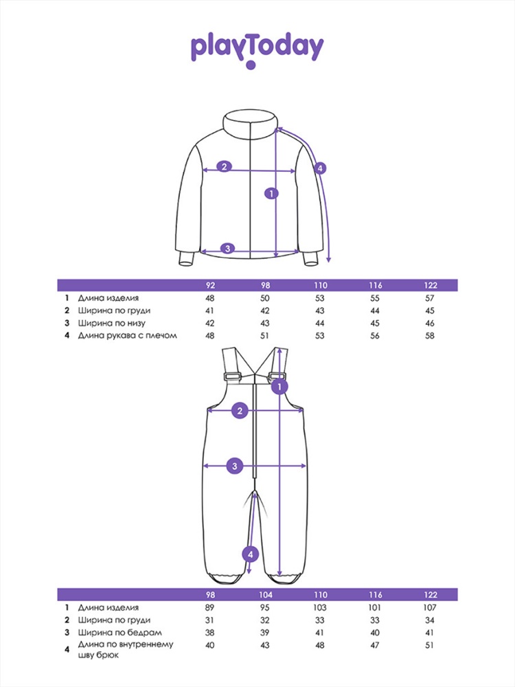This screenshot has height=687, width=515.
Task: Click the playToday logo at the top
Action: coord(257,47)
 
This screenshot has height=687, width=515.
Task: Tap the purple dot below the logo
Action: coord(251,65)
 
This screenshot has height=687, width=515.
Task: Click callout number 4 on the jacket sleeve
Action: coord(320,168)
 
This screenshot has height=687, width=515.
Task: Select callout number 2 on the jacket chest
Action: coord(225,166)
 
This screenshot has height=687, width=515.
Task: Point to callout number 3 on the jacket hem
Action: coord(228,249)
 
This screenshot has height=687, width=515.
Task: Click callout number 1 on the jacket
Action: coord(272,193)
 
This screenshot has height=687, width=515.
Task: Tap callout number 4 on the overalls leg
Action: coord(251,554)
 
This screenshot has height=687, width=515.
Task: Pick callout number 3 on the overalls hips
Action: coord(235,465)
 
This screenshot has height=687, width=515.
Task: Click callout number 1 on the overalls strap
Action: coord(279,386)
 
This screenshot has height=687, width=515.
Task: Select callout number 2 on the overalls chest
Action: coord(240,411)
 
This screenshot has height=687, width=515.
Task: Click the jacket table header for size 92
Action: coord(211,286)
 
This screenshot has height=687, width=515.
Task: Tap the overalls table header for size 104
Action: coord(265,594)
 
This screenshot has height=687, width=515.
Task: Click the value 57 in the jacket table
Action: coord(430,298)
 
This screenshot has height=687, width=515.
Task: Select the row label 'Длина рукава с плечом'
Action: coord(128,336)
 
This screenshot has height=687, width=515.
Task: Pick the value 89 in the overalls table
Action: coord(210,608)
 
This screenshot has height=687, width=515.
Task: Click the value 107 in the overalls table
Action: coord(430,608)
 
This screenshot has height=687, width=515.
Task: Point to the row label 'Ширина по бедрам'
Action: coord(120,633)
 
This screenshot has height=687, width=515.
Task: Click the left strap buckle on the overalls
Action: coord(233,376)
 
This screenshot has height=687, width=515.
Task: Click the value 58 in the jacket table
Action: coord(430,336)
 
